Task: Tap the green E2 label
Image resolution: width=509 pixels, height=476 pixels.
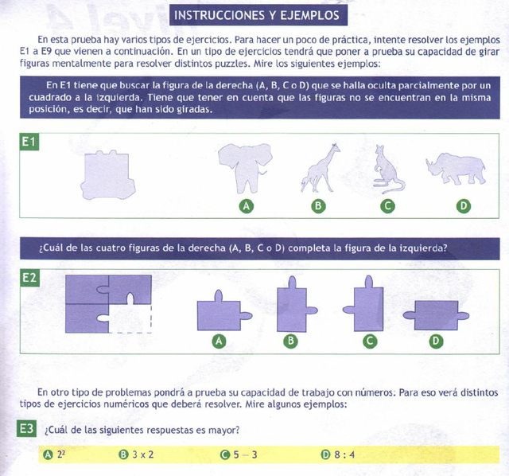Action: [29, 278]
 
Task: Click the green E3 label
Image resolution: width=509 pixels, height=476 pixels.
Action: [27, 430]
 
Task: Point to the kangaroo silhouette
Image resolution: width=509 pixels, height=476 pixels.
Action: [388, 169]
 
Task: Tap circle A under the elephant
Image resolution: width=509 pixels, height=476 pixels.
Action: [247, 207]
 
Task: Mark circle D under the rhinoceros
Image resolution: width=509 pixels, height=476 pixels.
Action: [463, 207]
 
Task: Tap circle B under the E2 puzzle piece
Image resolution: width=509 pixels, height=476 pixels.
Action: [291, 341]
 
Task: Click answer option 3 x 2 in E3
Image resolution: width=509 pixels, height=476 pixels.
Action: [142, 455]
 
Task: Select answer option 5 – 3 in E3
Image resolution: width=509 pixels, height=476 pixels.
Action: [244, 455]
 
